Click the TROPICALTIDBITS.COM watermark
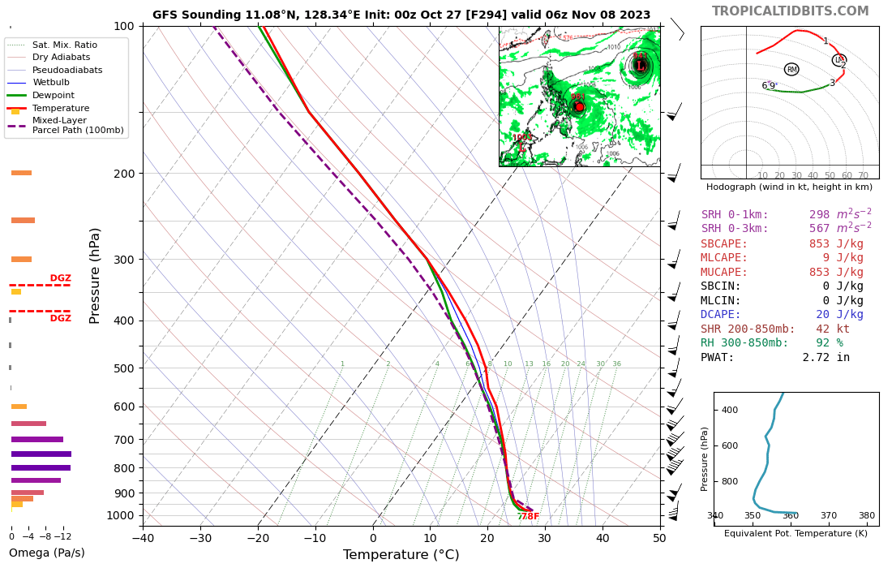(x=790, y=11)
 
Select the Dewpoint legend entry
(x=55, y=95)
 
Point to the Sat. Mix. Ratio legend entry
(x=65, y=45)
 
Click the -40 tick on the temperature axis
(x=143, y=537)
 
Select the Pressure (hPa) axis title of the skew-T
(x=96, y=276)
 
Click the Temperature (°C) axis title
(x=401, y=555)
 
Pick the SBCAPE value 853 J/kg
(x=835, y=243)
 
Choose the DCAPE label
(x=720, y=315)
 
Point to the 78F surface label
(x=529, y=517)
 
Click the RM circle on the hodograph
(x=791, y=70)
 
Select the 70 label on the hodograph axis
(x=863, y=175)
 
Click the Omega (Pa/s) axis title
(x=47, y=553)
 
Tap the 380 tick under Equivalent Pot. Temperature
(x=866, y=515)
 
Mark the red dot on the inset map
(x=579, y=107)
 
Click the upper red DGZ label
(x=61, y=278)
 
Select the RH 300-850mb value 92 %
(x=829, y=343)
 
